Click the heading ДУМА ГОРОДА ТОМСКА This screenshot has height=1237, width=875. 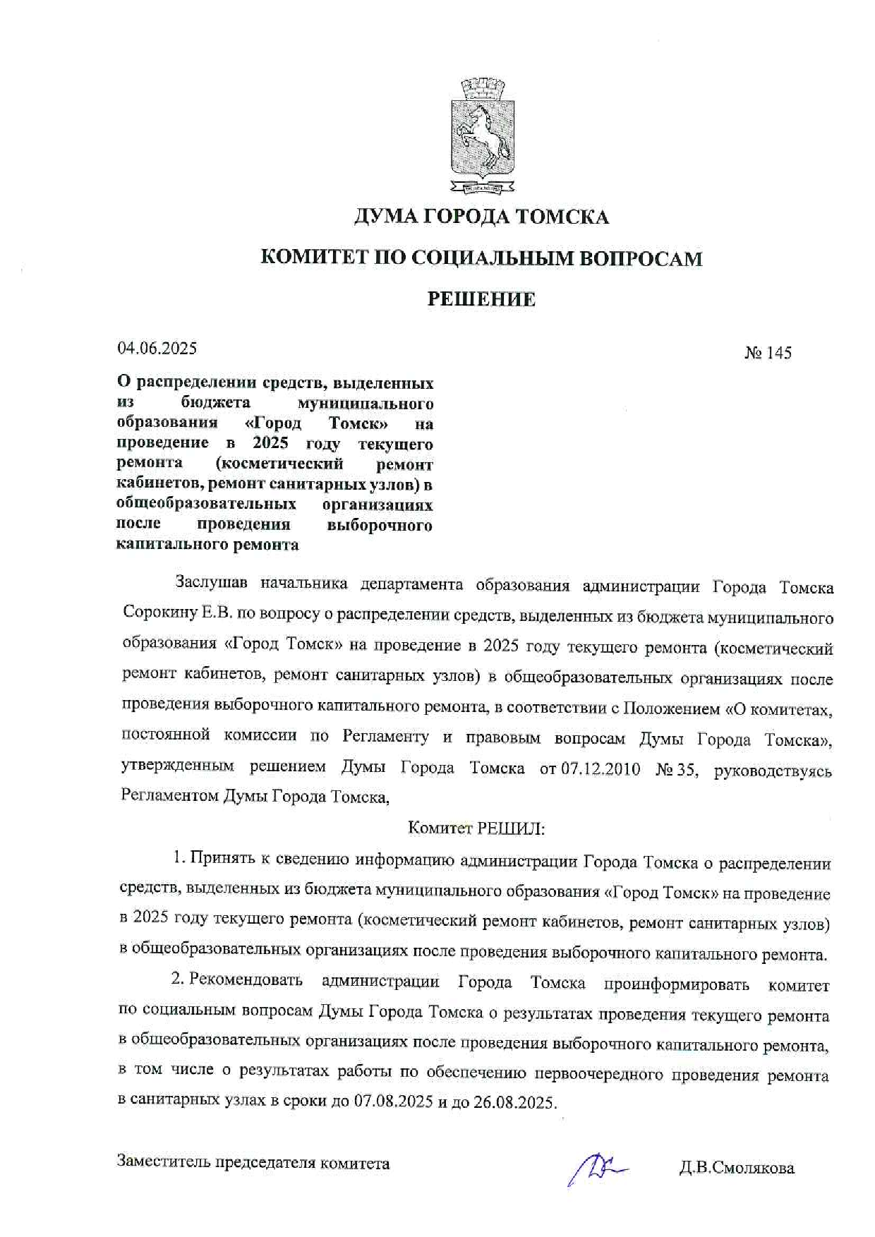pos(481,217)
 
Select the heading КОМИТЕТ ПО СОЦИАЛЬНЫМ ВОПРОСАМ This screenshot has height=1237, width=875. pos(481,258)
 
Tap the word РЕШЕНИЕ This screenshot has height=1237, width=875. pos(481,299)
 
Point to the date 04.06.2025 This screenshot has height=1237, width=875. pos(157,348)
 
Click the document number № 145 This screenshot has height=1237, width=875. pos(768,353)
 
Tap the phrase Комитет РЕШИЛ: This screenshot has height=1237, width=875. pos(476,828)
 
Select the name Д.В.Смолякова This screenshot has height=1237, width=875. pos(737,1168)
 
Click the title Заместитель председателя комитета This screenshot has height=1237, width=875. pos(253,1163)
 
